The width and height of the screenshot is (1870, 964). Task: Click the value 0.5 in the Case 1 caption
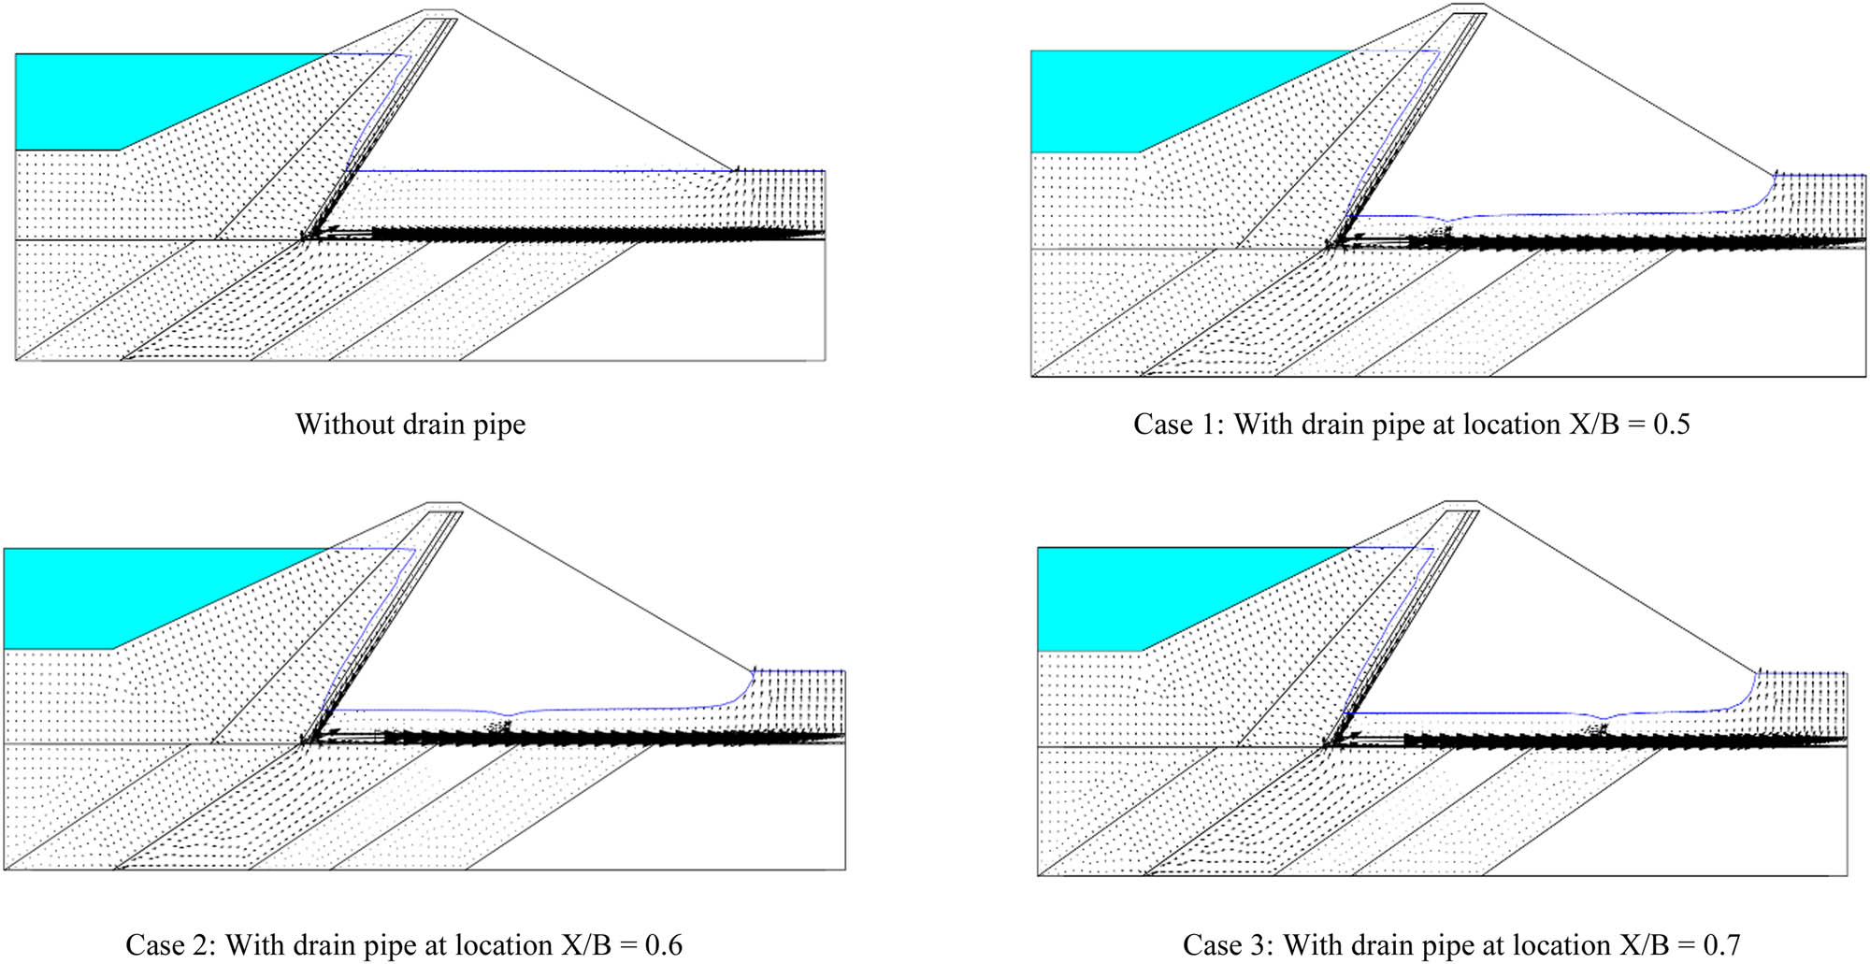[1671, 424]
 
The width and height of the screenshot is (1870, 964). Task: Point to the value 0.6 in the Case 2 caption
[663, 945]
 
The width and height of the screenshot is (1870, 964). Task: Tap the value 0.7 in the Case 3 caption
[1720, 945]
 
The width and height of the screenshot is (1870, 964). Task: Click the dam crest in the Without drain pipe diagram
[440, 12]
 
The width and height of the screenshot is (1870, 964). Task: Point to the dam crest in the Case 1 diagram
[1469, 7]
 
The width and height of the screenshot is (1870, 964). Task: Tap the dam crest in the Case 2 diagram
[445, 507]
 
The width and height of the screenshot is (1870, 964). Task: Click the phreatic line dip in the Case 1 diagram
[1447, 222]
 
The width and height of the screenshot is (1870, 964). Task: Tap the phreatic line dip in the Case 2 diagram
[505, 715]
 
